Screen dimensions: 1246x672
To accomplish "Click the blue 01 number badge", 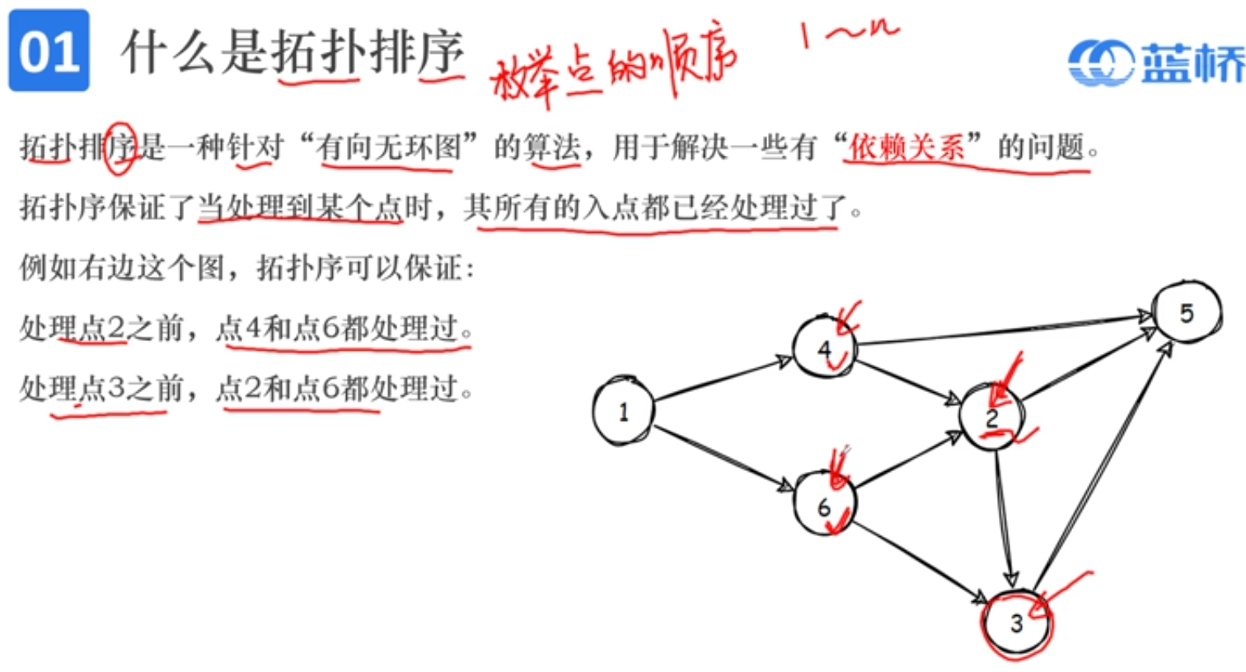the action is (x=49, y=50).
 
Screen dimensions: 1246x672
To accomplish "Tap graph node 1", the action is (x=623, y=411).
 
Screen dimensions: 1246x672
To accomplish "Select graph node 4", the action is (x=825, y=348).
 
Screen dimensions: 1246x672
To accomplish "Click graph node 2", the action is (x=992, y=418).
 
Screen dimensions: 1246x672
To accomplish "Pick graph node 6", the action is (x=824, y=504).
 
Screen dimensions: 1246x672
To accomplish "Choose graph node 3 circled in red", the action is (x=1017, y=623).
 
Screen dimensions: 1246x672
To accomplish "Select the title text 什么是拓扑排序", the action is (x=293, y=52).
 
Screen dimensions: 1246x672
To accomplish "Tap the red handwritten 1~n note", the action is (x=849, y=35).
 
